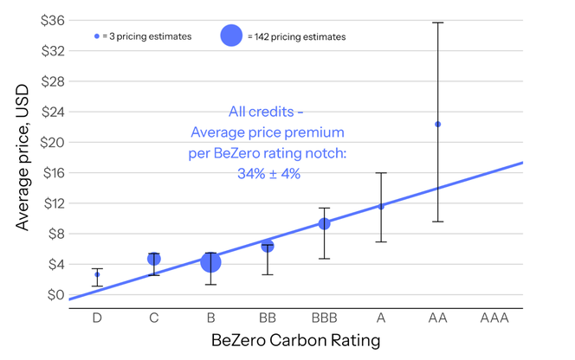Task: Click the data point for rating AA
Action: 437,124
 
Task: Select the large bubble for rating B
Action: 210,261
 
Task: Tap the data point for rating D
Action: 97,274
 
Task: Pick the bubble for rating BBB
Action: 324,223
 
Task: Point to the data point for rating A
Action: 381,206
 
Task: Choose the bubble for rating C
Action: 153,259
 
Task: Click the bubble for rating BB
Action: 268,246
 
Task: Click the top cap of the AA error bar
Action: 437,22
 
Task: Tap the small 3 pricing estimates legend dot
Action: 97,36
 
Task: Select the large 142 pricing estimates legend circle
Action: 231,36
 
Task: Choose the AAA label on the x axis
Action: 494,318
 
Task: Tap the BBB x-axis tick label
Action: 324,318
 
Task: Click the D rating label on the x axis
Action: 97,318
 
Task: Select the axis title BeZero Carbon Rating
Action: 295,340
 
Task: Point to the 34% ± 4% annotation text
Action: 268,172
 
